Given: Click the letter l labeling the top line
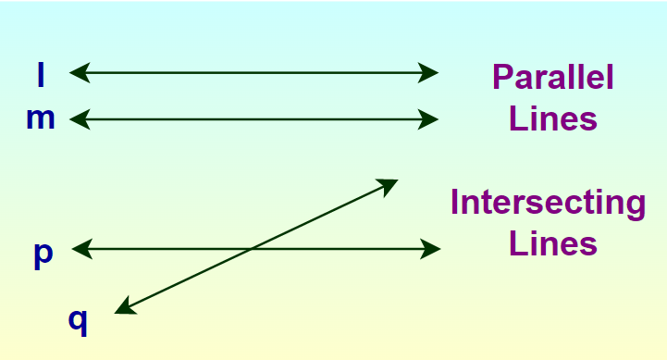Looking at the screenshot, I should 40,74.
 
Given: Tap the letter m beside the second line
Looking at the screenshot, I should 41,119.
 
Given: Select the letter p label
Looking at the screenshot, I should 43,254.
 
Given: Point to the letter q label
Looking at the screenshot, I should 79,319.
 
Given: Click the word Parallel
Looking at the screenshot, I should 552,77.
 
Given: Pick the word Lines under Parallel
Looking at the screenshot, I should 552,120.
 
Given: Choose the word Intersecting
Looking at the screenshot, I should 548,203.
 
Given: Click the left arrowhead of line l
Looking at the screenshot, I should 78,71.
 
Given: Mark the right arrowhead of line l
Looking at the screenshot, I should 430,71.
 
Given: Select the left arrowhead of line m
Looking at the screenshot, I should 78,118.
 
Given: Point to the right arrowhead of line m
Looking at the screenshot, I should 430,118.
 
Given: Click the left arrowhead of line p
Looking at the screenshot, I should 80,248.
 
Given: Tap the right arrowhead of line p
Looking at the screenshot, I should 432,248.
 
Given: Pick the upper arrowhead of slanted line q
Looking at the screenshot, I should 389,184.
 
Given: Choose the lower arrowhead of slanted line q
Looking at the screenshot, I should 124,308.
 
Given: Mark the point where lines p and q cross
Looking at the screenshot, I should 253,248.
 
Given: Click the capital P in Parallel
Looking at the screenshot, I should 502,77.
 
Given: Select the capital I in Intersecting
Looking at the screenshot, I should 456,202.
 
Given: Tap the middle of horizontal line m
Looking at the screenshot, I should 253,118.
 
